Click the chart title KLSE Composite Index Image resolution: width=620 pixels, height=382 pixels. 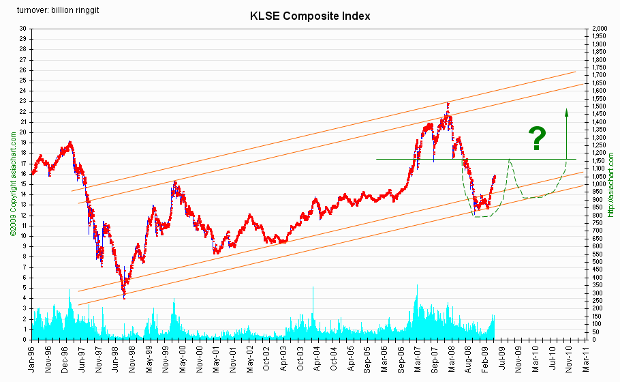pos(309,16)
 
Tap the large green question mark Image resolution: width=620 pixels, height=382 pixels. pos(538,138)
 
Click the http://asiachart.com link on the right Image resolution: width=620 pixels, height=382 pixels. pos(611,184)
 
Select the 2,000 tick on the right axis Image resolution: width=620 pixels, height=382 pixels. pos(600,29)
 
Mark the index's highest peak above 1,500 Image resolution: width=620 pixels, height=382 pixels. pos(448,104)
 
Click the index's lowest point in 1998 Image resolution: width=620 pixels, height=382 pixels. pos(124,297)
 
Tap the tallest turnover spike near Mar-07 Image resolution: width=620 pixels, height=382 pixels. pos(417,286)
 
